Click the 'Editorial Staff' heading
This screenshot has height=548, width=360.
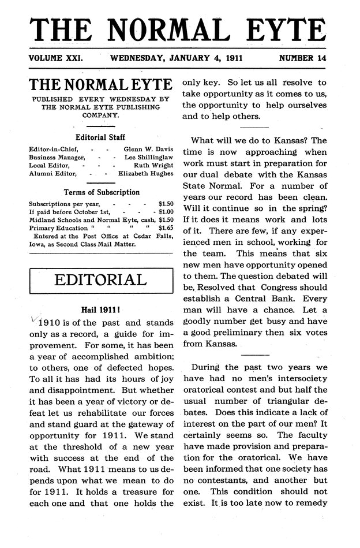tap(100, 137)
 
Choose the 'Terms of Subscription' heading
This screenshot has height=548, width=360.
tap(100, 192)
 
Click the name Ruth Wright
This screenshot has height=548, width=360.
tap(153, 165)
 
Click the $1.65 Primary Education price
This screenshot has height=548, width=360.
tap(165, 228)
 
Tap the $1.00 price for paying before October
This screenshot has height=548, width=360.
tap(164, 212)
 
